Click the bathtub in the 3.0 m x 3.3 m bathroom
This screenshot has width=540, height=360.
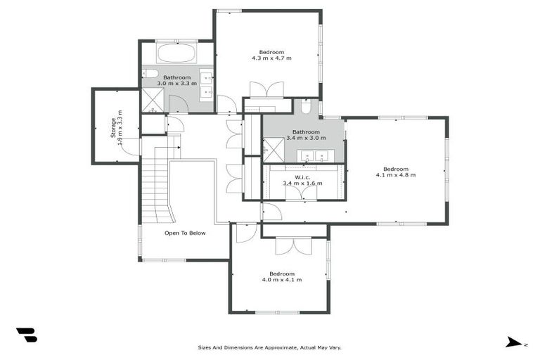[176, 53]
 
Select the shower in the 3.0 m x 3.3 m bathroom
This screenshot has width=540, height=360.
[153, 101]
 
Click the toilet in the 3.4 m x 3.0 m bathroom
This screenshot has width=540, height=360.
[306, 107]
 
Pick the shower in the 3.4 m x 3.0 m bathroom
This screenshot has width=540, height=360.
[271, 149]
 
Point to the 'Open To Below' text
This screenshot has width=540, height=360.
[185, 233]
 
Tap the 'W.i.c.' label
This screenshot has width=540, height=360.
[302, 176]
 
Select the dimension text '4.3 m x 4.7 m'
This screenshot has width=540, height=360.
[271, 58]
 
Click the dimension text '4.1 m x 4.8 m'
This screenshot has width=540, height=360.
[396, 175]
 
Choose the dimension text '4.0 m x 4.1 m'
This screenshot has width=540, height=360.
[282, 280]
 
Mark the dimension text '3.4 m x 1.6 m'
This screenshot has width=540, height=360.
[302, 184]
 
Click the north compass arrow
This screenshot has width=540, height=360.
[513, 342]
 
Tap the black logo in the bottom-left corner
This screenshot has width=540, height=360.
[26, 335]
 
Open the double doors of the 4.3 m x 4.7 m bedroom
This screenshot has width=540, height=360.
[266, 90]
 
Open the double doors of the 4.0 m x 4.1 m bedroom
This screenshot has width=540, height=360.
[292, 245]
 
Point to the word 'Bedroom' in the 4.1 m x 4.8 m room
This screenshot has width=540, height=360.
[396, 168]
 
